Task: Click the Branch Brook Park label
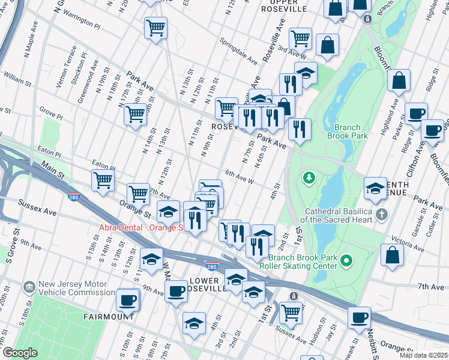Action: [344, 131]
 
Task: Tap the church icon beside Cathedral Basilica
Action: [382, 214]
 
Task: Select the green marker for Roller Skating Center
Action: [346, 261]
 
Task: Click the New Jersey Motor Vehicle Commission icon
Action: [28, 288]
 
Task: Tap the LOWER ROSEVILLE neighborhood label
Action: [207, 284]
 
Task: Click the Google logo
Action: [19, 353]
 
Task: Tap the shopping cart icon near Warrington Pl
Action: [155, 28]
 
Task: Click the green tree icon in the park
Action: [309, 178]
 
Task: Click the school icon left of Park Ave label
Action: [375, 188]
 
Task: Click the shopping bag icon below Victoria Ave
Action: [392, 254]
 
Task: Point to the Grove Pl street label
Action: [51, 113]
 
